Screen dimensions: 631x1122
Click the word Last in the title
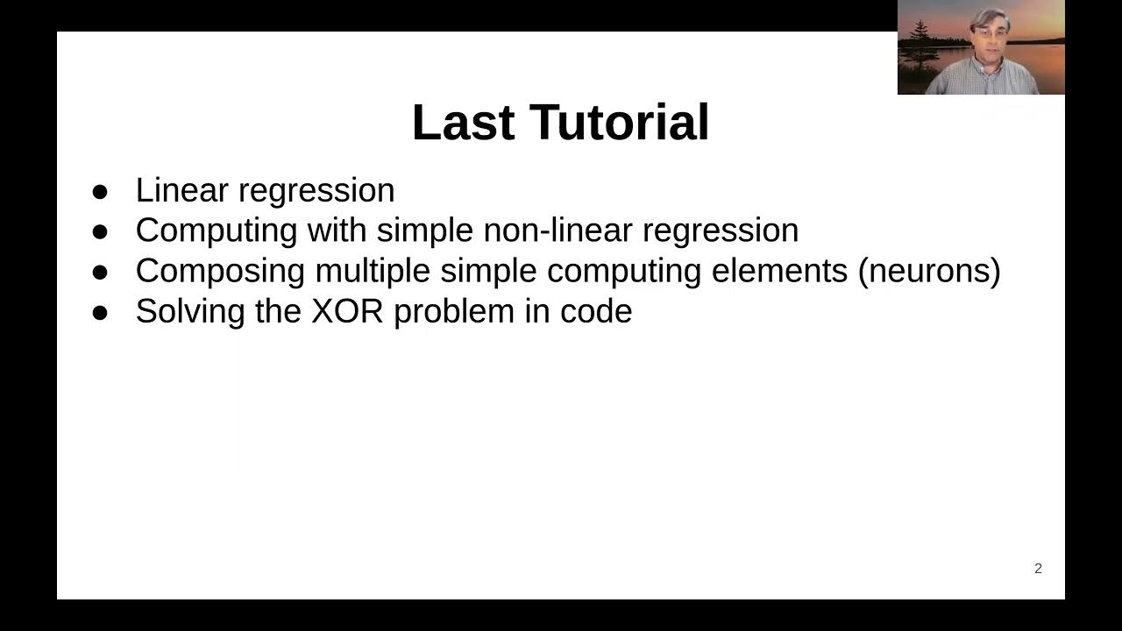pos(463,122)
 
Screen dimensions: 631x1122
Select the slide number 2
pos(1038,569)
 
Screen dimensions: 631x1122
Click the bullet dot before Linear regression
pos(101,191)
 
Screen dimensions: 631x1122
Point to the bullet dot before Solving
pos(101,312)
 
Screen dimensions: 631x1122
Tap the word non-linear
pos(557,230)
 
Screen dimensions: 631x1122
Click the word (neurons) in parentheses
pos(929,272)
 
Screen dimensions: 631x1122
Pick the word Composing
pos(220,272)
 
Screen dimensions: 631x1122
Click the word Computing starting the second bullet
pos(216,230)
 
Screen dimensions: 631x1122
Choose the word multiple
pos(372,272)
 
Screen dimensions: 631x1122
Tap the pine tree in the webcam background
pos(920,35)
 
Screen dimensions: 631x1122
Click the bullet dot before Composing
pos(101,272)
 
